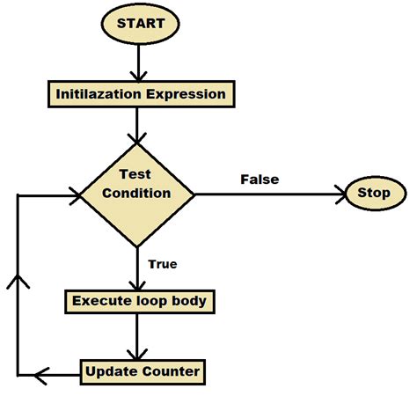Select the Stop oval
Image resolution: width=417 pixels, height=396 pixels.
pyautogui.click(x=376, y=193)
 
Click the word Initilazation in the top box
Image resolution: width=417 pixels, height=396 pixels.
pyautogui.click(x=97, y=93)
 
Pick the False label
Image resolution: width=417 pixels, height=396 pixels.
pyautogui.click(x=259, y=180)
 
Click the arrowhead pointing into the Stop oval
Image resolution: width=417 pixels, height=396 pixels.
pyautogui.click(x=338, y=193)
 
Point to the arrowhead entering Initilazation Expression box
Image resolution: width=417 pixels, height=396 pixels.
pyautogui.click(x=137, y=76)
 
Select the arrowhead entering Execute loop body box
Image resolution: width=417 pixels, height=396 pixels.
pyautogui.click(x=137, y=285)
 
